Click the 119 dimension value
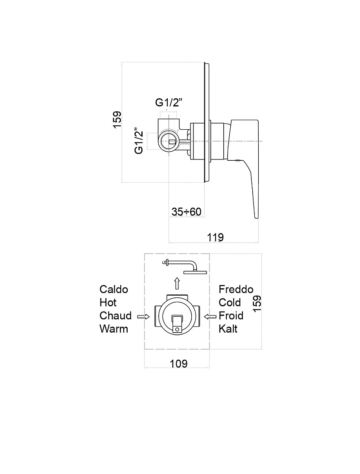coord(216,237)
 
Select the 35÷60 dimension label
coord(186,212)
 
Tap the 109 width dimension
coord(178,363)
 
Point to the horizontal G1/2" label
coord(169,103)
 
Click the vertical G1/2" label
coord(139,140)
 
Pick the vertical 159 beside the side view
coord(117,120)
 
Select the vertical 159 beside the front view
coord(257,303)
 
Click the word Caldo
coord(114,289)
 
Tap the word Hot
coord(108,302)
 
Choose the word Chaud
coord(116,315)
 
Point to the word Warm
coord(114,329)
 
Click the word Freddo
coord(236,289)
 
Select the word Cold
coord(230,302)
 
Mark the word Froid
coord(231,315)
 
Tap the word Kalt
coord(228,329)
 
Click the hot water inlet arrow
coord(144,317)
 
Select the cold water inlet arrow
coord(210,317)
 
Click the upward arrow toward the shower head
coord(177,284)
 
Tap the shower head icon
coord(185,267)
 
